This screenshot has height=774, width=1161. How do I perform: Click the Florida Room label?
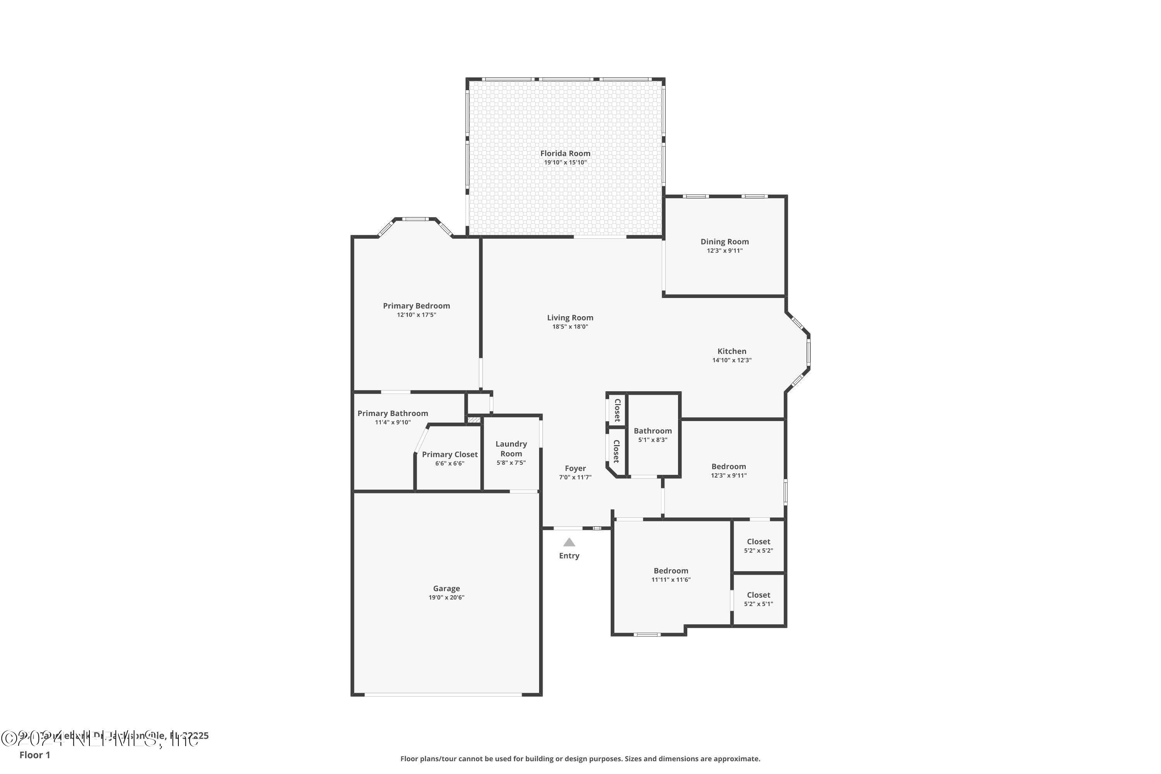565,154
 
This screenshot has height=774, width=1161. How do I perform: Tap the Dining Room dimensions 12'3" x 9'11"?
724,251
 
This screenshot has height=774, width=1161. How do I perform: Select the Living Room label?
570,318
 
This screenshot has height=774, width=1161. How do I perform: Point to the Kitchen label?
731,351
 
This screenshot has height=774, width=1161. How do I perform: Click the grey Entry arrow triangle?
569,543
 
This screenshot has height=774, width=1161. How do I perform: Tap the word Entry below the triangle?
569,556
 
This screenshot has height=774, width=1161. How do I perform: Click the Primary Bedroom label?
416,306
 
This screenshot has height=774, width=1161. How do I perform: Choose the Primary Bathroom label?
392,414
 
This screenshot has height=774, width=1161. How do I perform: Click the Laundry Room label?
511,449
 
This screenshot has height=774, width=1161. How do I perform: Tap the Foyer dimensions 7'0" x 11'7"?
575,477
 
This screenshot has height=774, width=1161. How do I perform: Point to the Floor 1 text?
34,755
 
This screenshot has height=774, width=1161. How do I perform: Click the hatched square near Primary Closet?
474,420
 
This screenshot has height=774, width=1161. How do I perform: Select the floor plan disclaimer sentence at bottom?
580,759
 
